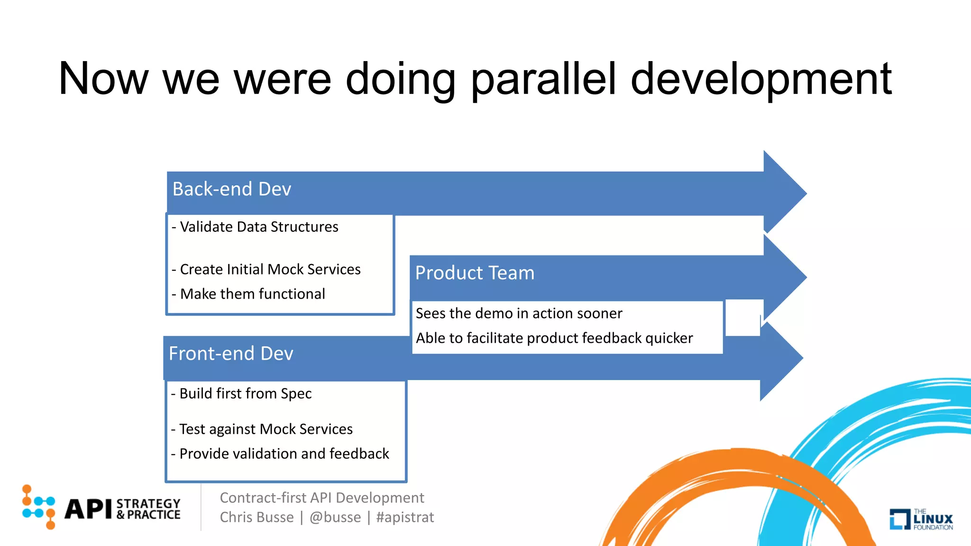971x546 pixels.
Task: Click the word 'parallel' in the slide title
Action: pos(543,80)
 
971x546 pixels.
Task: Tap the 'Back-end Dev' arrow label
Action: pos(231,189)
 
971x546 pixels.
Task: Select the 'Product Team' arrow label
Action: pos(475,273)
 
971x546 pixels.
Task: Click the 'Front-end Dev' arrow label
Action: pos(231,354)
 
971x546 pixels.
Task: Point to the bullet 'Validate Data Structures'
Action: pos(255,227)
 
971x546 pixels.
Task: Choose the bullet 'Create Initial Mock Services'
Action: pos(266,270)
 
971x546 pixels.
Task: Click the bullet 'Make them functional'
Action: pos(248,294)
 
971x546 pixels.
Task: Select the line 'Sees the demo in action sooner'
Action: pos(519,314)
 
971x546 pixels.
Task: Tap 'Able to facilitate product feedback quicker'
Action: pos(554,338)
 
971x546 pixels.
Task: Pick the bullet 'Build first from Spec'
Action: pos(241,394)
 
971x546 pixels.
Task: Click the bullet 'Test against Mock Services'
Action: pos(262,429)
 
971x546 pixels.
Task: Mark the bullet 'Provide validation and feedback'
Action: pos(280,454)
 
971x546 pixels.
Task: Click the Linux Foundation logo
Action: pos(921,519)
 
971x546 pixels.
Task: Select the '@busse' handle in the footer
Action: pos(335,518)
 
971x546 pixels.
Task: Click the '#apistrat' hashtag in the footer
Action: pos(405,518)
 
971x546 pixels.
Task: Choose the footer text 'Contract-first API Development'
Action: pos(322,498)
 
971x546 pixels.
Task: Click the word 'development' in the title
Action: pos(761,80)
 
